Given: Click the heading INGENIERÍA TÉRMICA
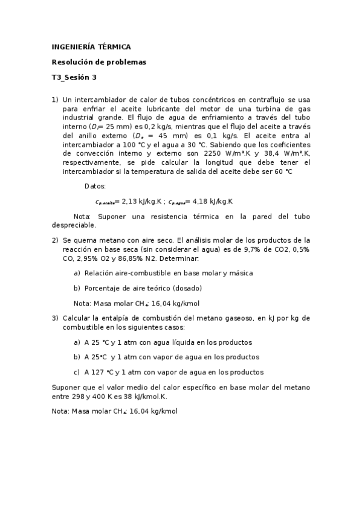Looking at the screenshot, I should click(91, 46).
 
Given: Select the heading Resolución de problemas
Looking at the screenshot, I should click(99, 62).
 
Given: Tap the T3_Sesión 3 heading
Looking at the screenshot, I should click(74, 77).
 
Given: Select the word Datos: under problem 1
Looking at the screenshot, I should click(95, 187).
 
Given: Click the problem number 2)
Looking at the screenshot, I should click(54, 240).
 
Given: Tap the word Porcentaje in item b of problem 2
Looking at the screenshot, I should click(102, 288).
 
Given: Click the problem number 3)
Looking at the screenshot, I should click(54, 318).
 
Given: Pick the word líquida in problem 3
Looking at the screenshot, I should click(182, 342).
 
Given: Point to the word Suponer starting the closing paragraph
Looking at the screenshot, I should click(66, 387).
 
